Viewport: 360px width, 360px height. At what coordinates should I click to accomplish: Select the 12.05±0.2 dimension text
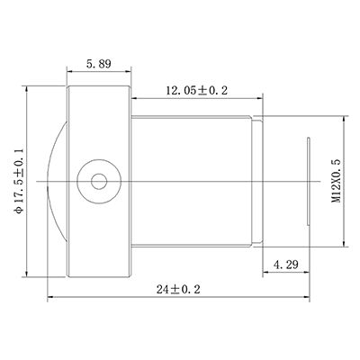(x=196, y=89)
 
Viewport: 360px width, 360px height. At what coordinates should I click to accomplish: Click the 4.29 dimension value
(x=285, y=265)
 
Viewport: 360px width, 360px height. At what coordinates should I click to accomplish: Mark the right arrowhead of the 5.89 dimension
(x=130, y=71)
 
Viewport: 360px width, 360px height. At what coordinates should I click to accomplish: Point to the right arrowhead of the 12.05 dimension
(x=262, y=96)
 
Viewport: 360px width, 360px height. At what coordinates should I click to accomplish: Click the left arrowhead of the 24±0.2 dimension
(x=49, y=298)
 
